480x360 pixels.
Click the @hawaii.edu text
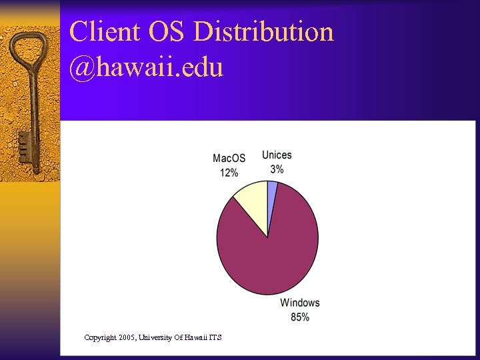[146, 67]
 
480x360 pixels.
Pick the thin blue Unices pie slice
[271, 191]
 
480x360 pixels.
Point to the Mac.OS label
[229, 158]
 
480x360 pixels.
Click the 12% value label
[229, 173]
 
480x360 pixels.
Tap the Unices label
[277, 155]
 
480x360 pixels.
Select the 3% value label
[277, 169]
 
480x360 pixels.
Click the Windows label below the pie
[300, 303]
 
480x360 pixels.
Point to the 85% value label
[300, 317]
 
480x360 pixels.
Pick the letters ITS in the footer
[215, 337]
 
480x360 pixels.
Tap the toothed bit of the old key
[24, 150]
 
